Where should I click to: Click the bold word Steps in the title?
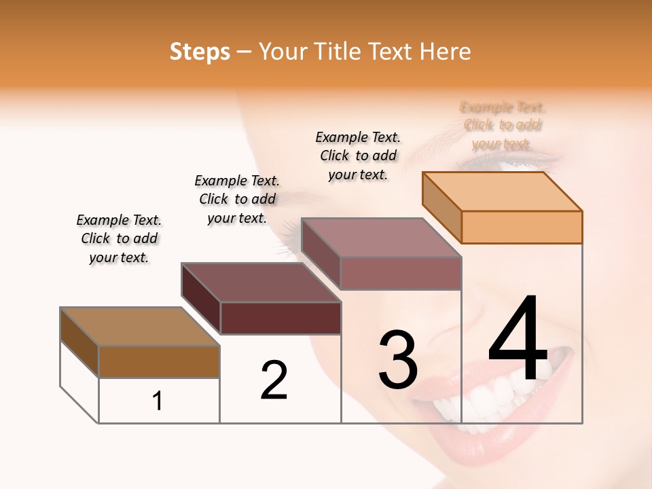click(200, 52)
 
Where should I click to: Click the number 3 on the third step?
click(398, 359)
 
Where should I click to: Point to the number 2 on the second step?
click(274, 380)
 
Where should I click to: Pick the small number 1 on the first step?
click(158, 401)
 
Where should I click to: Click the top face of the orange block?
click(503, 191)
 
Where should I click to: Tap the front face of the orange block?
click(522, 227)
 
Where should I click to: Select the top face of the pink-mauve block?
click(382, 237)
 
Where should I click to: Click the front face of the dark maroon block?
click(280, 318)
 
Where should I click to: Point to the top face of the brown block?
click(140, 327)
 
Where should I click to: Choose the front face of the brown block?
click(159, 361)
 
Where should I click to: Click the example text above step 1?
click(119, 238)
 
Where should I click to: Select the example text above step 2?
click(237, 199)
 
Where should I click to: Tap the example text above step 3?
click(358, 156)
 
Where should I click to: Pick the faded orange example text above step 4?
click(503, 125)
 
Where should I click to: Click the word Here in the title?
click(446, 52)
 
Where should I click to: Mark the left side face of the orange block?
click(442, 206)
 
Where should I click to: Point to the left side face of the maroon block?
click(201, 297)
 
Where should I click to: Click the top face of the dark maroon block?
click(261, 282)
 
